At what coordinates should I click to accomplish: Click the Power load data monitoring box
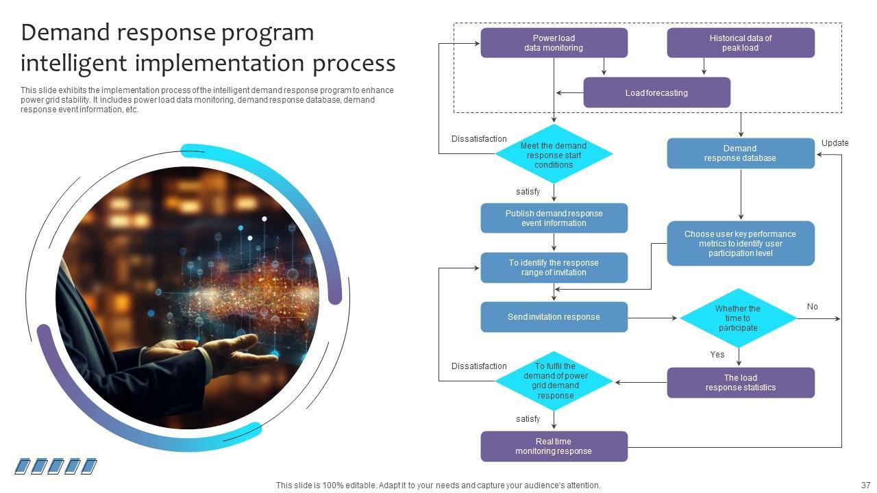[554, 42]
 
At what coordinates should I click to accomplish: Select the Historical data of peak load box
[741, 42]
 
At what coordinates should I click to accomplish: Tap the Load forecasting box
[656, 92]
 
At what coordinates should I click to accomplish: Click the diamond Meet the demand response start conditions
[554, 154]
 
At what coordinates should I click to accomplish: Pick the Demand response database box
[741, 153]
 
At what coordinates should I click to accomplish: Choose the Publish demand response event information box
[554, 218]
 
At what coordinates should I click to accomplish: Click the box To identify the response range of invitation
[554, 268]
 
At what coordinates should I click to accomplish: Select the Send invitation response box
[554, 317]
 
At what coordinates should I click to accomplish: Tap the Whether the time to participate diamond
[739, 318]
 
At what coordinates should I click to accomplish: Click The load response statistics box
[741, 383]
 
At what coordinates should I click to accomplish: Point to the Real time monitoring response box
[554, 446]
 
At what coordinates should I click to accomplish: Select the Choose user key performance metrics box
[741, 243]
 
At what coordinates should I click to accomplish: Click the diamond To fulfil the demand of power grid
[554, 381]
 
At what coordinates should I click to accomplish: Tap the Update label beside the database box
[835, 143]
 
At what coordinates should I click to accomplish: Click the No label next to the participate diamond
[812, 307]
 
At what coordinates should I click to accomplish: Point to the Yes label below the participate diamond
[717, 355]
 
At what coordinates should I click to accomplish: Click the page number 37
[865, 485]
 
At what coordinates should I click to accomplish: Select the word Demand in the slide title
[65, 32]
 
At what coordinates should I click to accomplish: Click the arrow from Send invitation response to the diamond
[652, 318]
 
